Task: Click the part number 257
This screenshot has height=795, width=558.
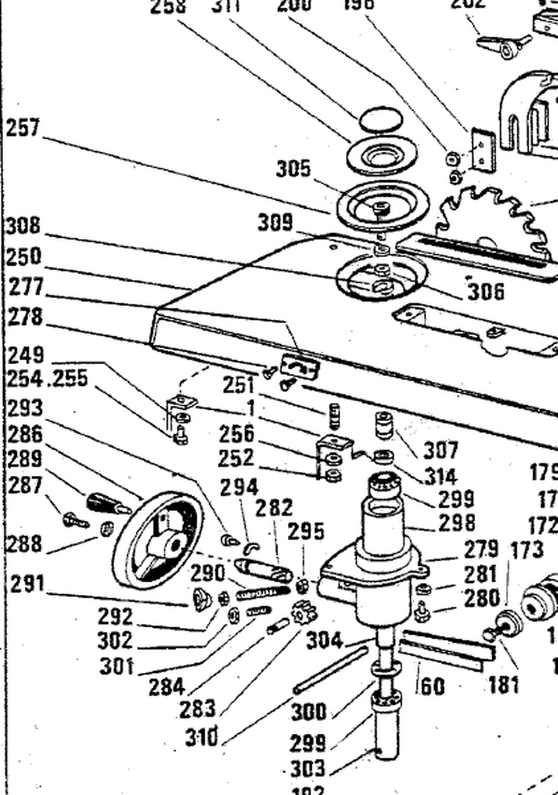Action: (x=23, y=127)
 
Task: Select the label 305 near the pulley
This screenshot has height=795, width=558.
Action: (x=293, y=168)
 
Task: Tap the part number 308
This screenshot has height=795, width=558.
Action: (x=23, y=226)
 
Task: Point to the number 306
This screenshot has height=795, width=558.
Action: (x=486, y=291)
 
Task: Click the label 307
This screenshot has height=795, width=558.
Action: (x=440, y=450)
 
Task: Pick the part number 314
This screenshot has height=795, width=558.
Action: (x=440, y=475)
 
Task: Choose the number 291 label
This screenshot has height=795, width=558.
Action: (x=28, y=583)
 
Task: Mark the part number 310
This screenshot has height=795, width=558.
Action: (x=201, y=736)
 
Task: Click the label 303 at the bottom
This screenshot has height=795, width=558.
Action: (x=307, y=769)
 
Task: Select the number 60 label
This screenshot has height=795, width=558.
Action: (x=432, y=686)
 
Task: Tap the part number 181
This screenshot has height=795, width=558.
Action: (x=504, y=686)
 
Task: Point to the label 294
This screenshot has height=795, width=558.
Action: (x=238, y=487)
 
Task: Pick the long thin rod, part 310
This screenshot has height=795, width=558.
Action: (x=330, y=670)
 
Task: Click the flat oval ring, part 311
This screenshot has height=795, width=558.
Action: (x=380, y=120)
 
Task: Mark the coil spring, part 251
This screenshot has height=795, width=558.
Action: (x=334, y=416)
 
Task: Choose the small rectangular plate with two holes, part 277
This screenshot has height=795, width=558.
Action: (x=299, y=366)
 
